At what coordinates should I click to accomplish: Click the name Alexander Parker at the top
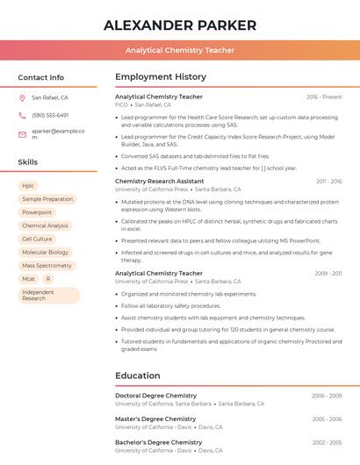[x=180, y=25]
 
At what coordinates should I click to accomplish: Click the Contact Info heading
[x=40, y=77]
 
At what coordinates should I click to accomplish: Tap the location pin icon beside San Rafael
[x=22, y=97]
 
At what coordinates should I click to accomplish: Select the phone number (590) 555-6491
[x=50, y=115]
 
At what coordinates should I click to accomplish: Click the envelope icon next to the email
[x=22, y=133]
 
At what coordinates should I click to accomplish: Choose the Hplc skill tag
[x=28, y=186]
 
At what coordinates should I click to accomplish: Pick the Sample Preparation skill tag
[x=47, y=199]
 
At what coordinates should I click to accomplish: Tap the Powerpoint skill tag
[x=37, y=212]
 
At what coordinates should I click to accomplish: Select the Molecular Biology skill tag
[x=46, y=252]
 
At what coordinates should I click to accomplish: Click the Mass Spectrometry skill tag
[x=47, y=265]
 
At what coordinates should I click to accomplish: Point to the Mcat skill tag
[x=29, y=278]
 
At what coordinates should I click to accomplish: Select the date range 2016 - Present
[x=324, y=97]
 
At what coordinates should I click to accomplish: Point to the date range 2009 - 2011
[x=328, y=273]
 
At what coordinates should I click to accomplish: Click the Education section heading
[x=139, y=376]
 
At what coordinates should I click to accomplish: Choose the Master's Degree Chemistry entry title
[x=155, y=419]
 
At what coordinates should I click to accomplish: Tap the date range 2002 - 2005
[x=328, y=442]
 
